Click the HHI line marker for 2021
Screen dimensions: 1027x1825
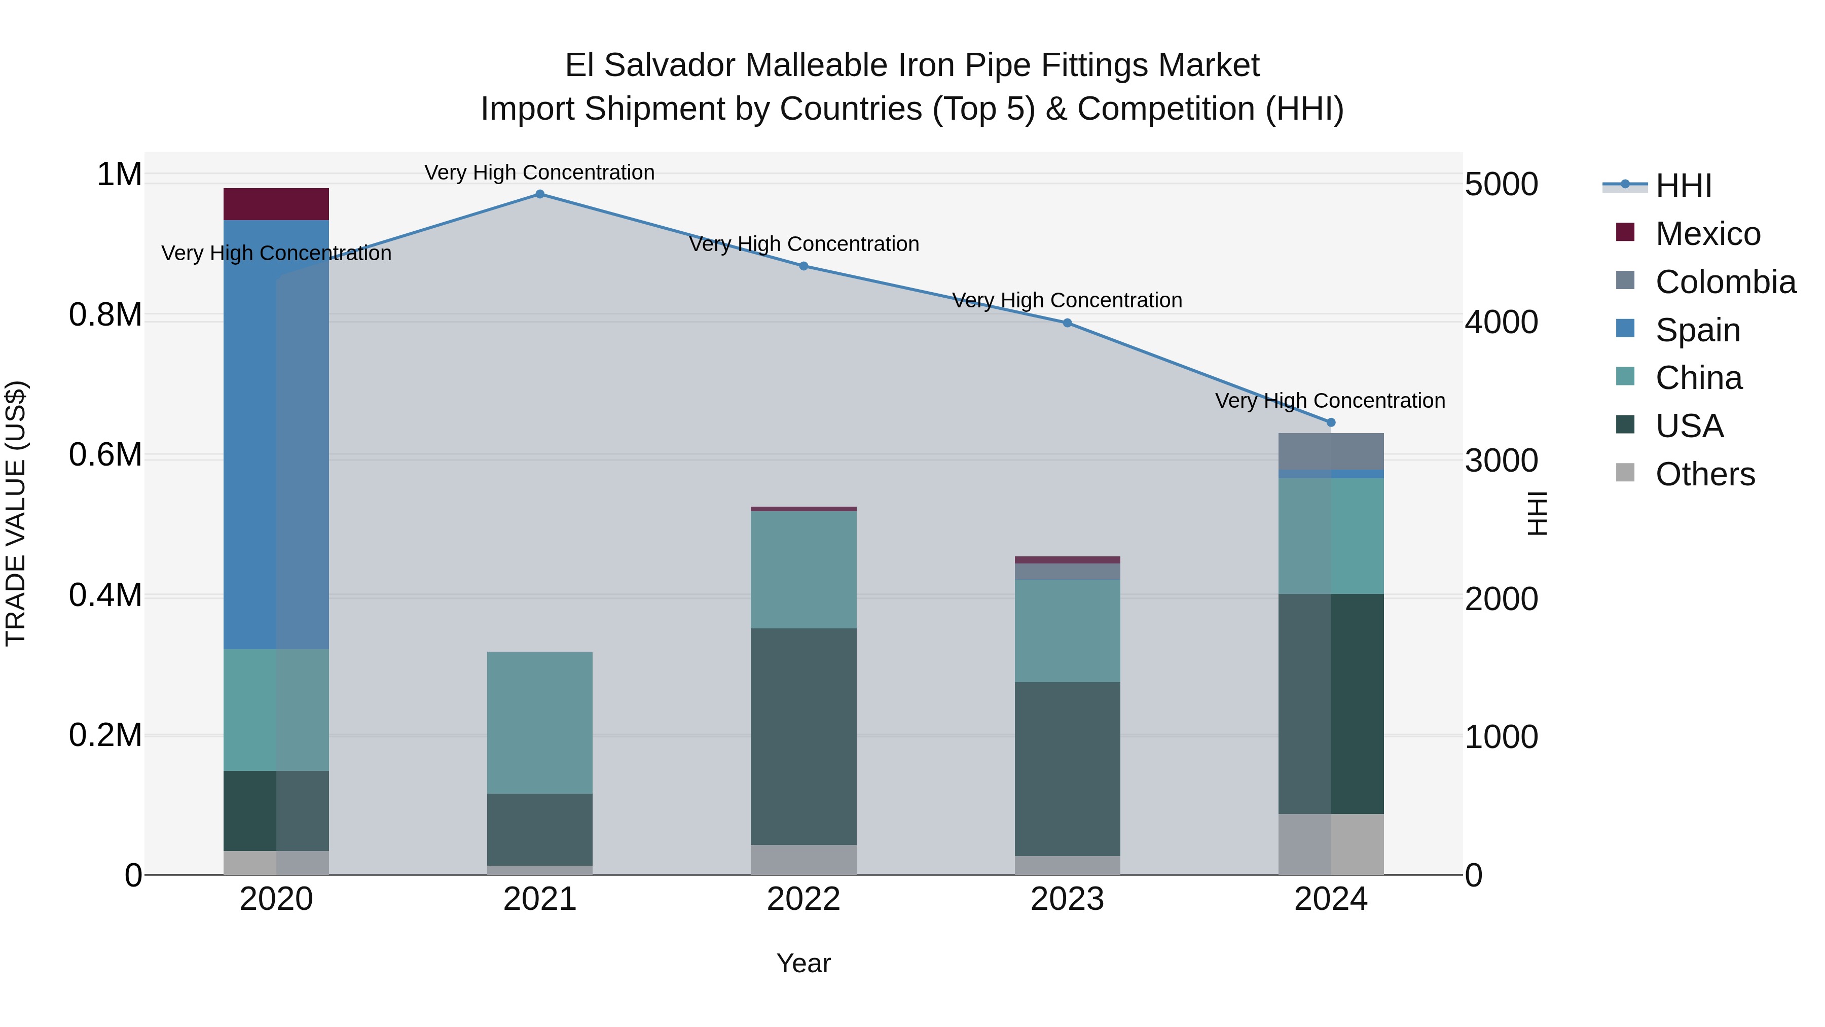pos(540,194)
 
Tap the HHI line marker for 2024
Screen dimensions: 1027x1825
pos(1331,422)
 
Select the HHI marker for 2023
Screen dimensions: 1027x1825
pos(1067,323)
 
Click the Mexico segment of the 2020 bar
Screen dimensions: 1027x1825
pos(276,204)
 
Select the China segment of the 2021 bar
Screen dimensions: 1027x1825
pos(540,722)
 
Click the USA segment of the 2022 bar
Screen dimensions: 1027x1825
pos(804,736)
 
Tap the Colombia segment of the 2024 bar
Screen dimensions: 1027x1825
pos(1331,451)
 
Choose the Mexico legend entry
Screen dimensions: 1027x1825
pos(1707,234)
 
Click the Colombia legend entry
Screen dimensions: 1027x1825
pos(1725,282)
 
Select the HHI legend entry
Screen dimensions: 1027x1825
pos(1683,186)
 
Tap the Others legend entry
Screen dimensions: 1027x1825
pos(1704,474)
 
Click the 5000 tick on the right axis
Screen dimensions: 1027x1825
pos(1501,184)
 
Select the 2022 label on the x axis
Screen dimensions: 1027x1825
pos(804,899)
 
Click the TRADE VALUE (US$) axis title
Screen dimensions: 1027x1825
pos(16,513)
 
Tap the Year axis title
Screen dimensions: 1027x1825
pos(804,963)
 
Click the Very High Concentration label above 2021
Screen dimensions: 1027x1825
pos(540,172)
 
